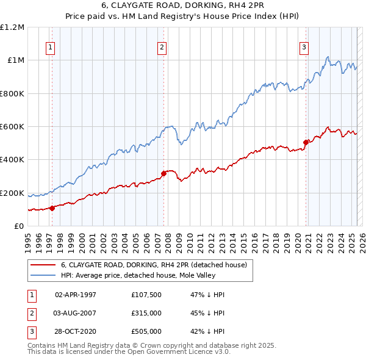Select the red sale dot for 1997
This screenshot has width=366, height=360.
(x=52, y=208)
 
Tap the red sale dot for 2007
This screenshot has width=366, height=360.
(x=163, y=174)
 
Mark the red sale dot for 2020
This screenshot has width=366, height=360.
(x=306, y=143)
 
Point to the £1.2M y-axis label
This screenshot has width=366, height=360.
(x=12, y=27)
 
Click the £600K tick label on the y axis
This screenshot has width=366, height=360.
(x=12, y=127)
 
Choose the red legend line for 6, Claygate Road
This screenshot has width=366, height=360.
(x=43, y=265)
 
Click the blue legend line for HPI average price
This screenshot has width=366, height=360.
(x=43, y=275)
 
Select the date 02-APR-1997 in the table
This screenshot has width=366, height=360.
(x=76, y=295)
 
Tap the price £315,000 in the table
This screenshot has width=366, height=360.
(x=146, y=313)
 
